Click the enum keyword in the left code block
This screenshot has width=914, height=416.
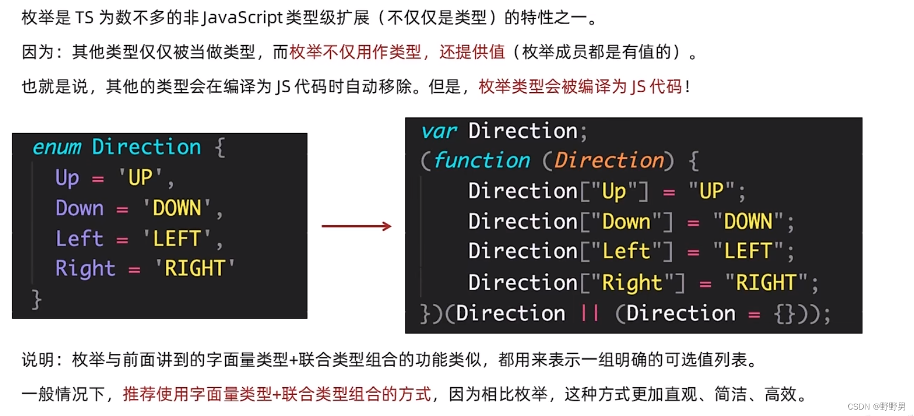pyautogui.click(x=56, y=147)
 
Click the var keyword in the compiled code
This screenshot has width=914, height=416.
pyautogui.click(x=439, y=131)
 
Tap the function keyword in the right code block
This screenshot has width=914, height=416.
pyautogui.click(x=481, y=161)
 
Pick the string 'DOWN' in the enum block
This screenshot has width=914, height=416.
pyautogui.click(x=176, y=208)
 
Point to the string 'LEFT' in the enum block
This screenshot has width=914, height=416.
pyautogui.click(x=176, y=239)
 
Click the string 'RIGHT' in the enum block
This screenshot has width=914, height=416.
pyautogui.click(x=195, y=269)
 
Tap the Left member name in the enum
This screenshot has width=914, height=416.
pyautogui.click(x=79, y=239)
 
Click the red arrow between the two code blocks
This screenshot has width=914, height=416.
pyautogui.click(x=356, y=226)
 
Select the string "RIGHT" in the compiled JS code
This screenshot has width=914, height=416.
pyautogui.click(x=766, y=283)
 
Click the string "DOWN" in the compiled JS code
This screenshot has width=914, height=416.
pyautogui.click(x=747, y=222)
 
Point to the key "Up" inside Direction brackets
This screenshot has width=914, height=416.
pyautogui.click(x=614, y=191)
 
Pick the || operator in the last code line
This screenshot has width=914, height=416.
pyautogui.click(x=590, y=313)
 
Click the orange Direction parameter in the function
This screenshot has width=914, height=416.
pyautogui.click(x=609, y=161)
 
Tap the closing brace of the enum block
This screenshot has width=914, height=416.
pyautogui.click(x=36, y=299)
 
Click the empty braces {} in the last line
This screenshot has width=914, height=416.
pyautogui.click(x=784, y=313)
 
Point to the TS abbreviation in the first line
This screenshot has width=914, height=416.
pyautogui.click(x=84, y=19)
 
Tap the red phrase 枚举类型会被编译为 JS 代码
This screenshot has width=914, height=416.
pyautogui.click(x=580, y=87)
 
